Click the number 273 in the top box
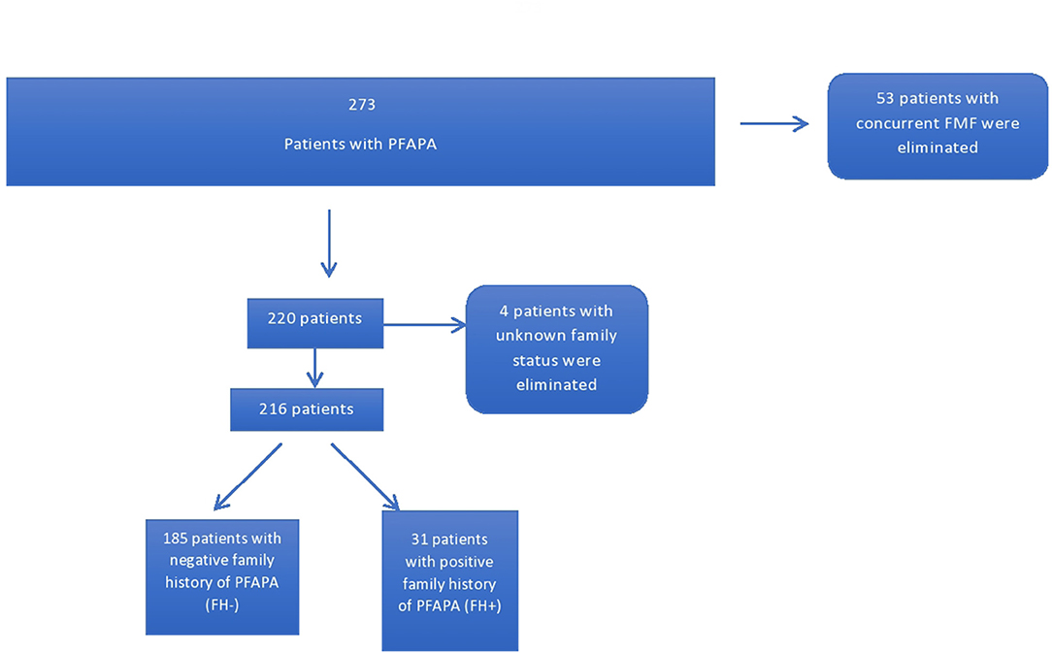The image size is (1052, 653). [361, 105]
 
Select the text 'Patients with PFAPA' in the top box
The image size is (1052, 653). [360, 144]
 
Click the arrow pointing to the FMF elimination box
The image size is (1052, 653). [773, 123]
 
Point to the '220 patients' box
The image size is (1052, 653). [315, 318]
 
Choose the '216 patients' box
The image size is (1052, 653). [307, 409]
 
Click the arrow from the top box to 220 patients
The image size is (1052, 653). [329, 243]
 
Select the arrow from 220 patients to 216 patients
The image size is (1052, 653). [313, 368]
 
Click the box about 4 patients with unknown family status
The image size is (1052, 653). [556, 348]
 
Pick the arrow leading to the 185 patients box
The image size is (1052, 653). [247, 476]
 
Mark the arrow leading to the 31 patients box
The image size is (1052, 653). [365, 475]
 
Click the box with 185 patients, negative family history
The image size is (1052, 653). [221, 576]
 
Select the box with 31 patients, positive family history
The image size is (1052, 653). [449, 580]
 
